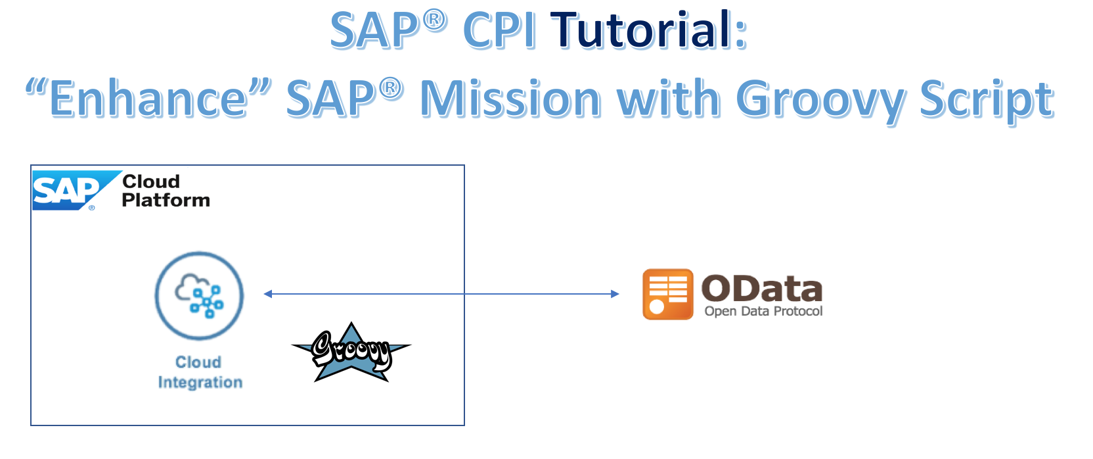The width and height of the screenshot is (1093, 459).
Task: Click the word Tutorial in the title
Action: pos(648,30)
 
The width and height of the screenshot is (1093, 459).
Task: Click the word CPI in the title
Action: pos(499,30)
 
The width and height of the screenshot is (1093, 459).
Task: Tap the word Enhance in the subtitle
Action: pos(148,99)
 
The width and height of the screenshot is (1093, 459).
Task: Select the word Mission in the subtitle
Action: pos(510,99)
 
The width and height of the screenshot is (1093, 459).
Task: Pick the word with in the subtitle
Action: pos(669,99)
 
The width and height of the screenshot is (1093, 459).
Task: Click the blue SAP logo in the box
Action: pos(76,191)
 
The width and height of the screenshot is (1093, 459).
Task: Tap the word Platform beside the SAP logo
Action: pos(166,200)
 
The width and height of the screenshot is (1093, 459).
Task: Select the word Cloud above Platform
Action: pos(151,181)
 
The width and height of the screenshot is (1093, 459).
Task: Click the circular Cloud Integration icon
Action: pos(199,295)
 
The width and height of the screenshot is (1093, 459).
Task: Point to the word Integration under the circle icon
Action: pos(200,382)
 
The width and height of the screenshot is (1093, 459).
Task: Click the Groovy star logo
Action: pos(351,352)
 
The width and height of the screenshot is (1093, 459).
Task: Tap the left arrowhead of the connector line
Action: pos(267,294)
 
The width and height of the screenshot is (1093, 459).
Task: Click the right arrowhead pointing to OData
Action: pos(615,294)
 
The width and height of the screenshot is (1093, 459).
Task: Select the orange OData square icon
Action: pos(668,294)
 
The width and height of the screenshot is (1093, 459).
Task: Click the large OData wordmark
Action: pos(762,289)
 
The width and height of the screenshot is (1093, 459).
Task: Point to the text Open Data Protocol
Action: pos(764,312)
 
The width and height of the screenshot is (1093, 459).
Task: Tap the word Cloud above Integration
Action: pos(198,362)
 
